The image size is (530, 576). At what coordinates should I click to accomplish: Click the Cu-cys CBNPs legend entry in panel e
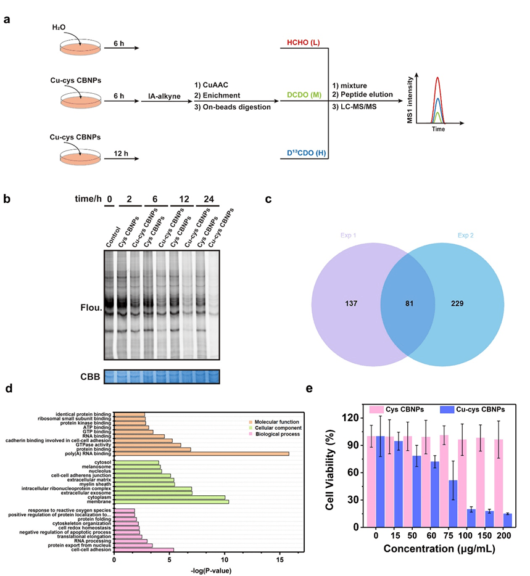click(x=471, y=408)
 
